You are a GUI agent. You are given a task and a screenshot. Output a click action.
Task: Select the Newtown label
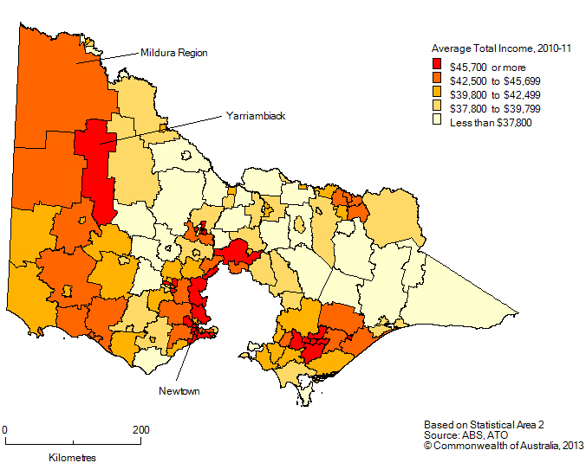(x=179, y=391)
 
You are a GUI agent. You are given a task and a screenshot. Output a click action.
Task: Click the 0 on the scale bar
(x=5, y=429)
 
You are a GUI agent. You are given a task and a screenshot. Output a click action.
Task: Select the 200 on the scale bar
(x=140, y=429)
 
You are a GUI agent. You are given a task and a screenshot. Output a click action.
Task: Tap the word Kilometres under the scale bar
(x=73, y=456)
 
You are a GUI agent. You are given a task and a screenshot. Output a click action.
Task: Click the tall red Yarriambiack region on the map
(x=96, y=173)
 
